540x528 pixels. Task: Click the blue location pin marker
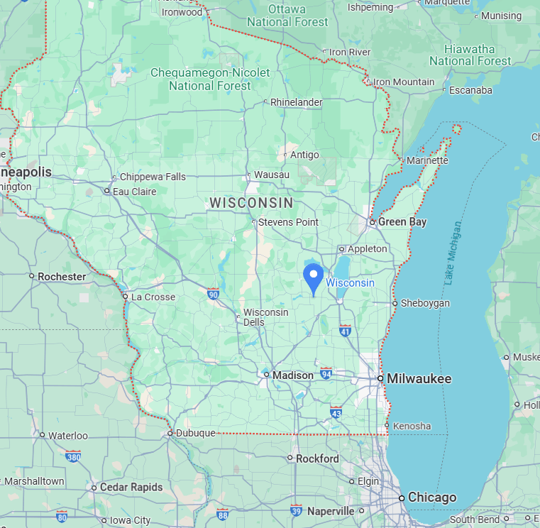pos(313,277)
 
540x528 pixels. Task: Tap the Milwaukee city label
pos(419,379)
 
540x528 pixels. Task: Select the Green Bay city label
pos(402,222)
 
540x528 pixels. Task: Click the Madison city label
pos(293,375)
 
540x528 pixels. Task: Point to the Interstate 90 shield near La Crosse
pos(213,293)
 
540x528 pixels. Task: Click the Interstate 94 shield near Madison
pos(326,373)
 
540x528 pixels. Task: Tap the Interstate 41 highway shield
pos(345,330)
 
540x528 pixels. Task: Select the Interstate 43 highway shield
pos(336,412)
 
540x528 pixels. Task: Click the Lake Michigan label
pos(453,253)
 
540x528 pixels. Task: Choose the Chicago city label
pos(432,497)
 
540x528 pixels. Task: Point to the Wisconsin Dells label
pos(265,317)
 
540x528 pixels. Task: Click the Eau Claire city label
pos(134,191)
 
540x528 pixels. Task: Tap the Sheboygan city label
pos(425,303)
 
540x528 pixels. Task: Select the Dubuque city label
pos(195,433)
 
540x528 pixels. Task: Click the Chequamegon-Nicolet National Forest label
pos(210,79)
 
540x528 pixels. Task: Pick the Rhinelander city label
pos(296,102)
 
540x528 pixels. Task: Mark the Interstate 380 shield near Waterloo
pos(72,456)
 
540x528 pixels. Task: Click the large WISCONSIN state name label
pos(251,203)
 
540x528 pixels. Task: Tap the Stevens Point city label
pos(288,222)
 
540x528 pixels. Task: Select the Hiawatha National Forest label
pos(470,55)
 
